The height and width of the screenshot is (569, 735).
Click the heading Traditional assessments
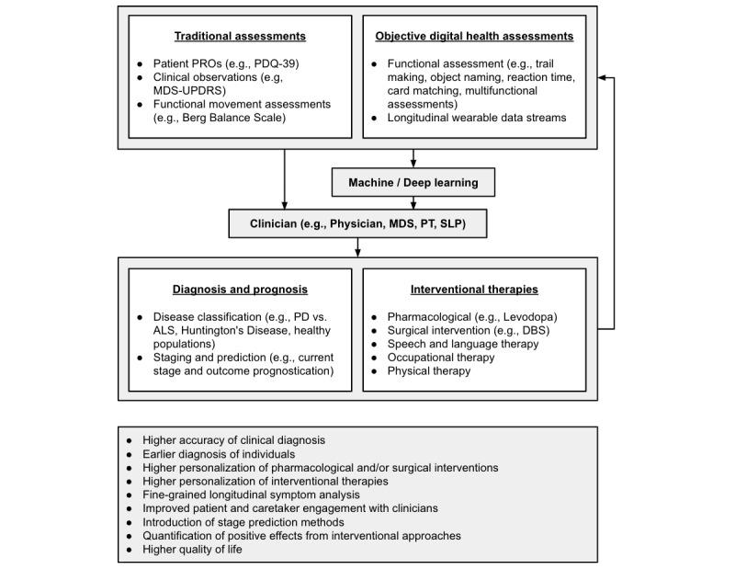click(x=241, y=36)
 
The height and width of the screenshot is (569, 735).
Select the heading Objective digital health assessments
click(x=475, y=36)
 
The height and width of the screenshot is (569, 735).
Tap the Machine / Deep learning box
click(x=413, y=182)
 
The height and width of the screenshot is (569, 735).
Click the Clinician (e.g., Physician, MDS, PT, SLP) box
click(x=358, y=222)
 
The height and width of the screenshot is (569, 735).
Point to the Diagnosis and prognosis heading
click(x=241, y=290)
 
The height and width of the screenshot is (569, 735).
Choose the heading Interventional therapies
click(x=475, y=290)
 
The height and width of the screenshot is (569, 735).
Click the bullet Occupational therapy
click(x=443, y=358)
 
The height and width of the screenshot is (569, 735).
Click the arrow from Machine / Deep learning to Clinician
click(x=413, y=202)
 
